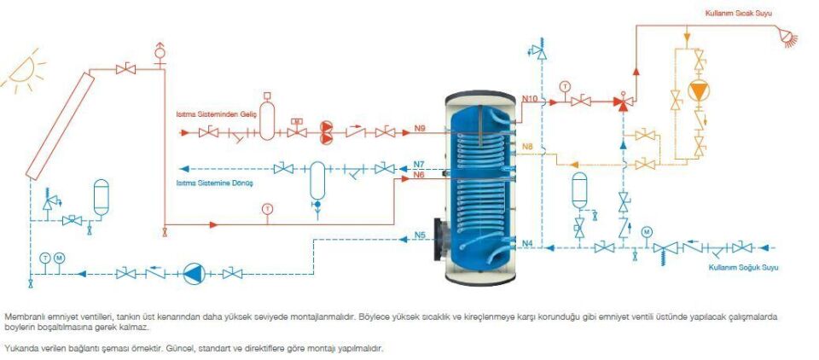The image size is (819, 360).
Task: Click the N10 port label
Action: click(x=530, y=99)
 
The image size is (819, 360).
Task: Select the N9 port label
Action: click(x=420, y=129)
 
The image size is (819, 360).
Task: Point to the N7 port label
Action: click(x=418, y=164)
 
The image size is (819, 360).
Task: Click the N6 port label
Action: click(x=418, y=175)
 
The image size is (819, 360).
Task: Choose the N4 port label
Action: click(x=526, y=244)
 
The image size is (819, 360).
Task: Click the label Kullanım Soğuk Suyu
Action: click(x=743, y=268)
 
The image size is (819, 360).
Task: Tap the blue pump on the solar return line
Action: click(x=195, y=274)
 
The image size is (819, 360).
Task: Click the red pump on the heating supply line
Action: click(x=327, y=131)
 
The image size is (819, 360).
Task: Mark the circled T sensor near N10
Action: click(x=564, y=86)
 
